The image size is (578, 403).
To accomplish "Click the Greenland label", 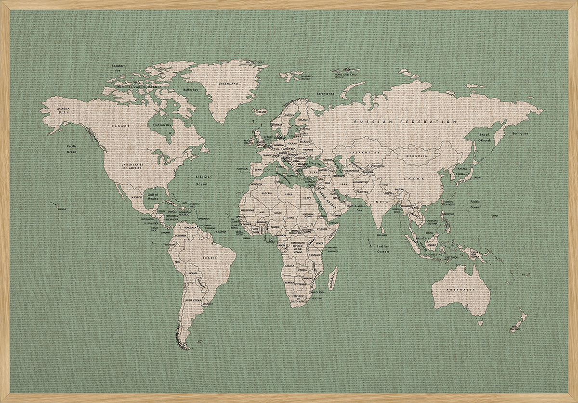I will [x=228, y=84].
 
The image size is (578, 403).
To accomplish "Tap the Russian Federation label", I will [x=405, y=122].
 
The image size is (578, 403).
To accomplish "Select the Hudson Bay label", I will [x=162, y=125].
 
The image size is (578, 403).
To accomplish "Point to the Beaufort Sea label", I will [x=118, y=68].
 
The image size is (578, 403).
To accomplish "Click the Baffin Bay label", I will [x=191, y=90].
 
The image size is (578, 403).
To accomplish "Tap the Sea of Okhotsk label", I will [x=485, y=137].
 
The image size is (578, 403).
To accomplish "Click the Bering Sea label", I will [x=520, y=133].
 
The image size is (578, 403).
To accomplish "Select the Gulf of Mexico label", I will [x=153, y=196].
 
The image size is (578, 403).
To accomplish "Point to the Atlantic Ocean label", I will [x=201, y=181].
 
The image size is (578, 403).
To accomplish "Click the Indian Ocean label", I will [x=383, y=249].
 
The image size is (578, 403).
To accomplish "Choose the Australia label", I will [x=461, y=289].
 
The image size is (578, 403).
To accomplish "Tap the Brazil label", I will [x=209, y=258].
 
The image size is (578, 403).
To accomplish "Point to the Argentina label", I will [x=193, y=300].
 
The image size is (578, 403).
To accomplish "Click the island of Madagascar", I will [x=333, y=278].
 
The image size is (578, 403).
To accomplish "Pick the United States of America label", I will [x=132, y=166].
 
